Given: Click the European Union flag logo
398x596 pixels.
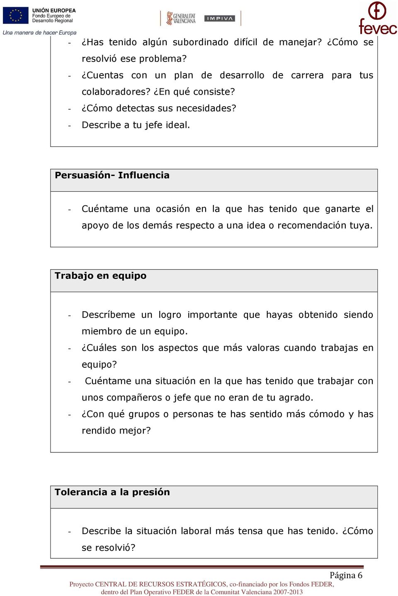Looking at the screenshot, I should coord(16,15).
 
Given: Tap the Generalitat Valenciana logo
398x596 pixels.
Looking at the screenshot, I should coord(181,18).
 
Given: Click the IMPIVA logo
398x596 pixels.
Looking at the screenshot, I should coord(220,18).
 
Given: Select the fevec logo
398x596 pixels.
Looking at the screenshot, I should coord(378,19).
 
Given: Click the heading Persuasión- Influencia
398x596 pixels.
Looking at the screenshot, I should coord(112,175).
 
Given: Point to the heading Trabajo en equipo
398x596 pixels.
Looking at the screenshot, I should coord(100,276).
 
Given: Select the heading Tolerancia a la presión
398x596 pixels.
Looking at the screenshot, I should coord(112,492).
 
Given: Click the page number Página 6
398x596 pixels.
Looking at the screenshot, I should coord(346,575).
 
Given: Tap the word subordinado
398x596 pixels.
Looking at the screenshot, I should coord(200,42).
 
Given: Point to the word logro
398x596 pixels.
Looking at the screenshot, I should coord(170,315).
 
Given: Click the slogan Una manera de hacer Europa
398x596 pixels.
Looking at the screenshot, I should coord(39,32).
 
